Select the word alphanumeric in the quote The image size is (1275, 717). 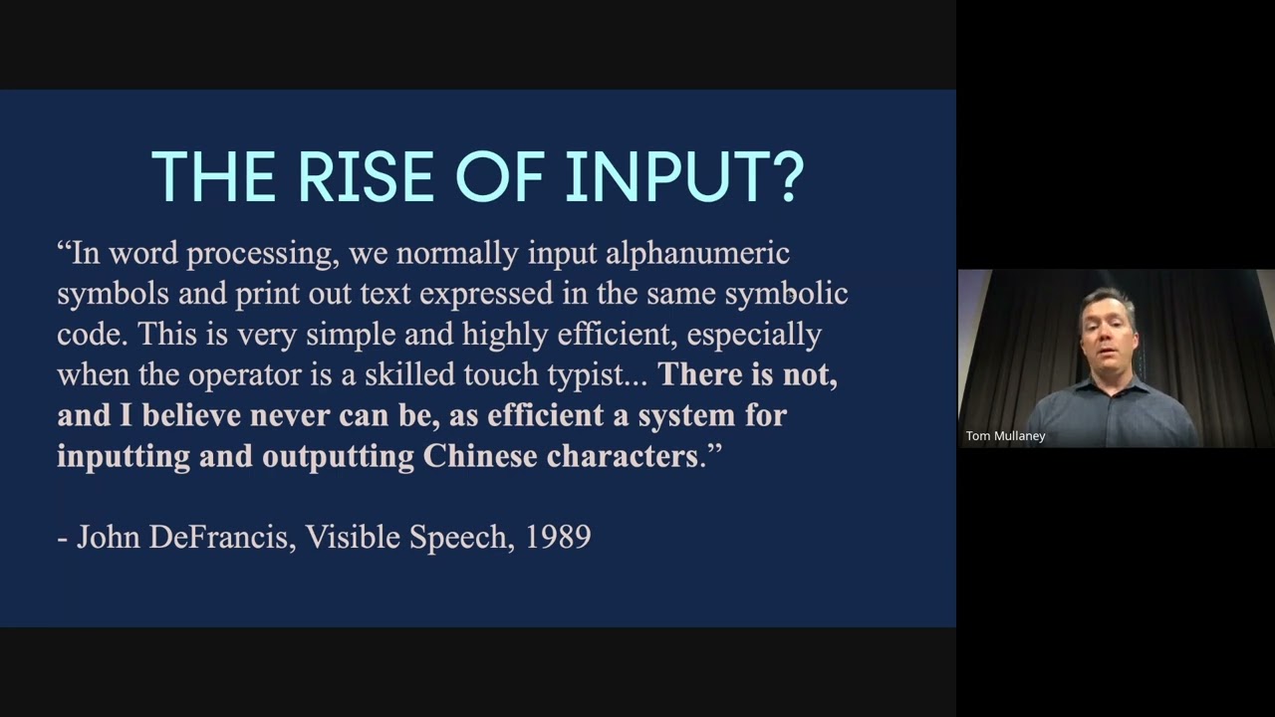(x=697, y=254)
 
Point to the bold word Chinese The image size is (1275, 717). (x=480, y=456)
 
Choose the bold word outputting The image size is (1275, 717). (x=338, y=457)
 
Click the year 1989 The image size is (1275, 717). (x=559, y=537)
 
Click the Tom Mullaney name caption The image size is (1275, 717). (x=1005, y=436)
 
